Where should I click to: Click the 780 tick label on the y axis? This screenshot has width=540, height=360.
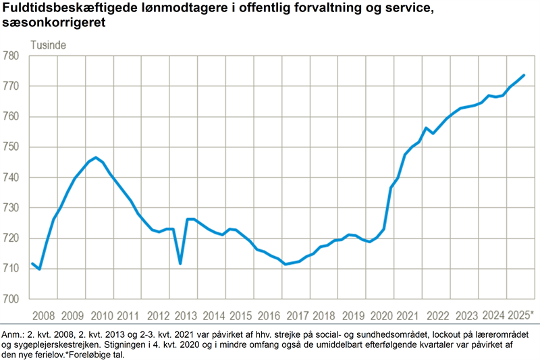14,56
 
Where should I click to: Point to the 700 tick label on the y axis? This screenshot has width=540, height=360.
14,299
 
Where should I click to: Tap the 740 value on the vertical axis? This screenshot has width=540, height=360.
14,178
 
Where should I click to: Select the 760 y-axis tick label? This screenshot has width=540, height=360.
14,117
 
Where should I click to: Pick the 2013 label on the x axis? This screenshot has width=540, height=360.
186,315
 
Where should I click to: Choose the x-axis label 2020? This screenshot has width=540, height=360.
381,315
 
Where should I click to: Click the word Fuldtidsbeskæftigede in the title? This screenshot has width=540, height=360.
66,9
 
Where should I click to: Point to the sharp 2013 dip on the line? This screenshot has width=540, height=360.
180,263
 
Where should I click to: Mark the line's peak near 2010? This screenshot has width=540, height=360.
96,158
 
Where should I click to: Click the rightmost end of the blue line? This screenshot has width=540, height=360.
524,75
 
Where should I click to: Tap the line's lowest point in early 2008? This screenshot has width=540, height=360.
39,269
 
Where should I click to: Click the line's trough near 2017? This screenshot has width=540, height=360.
286,264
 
